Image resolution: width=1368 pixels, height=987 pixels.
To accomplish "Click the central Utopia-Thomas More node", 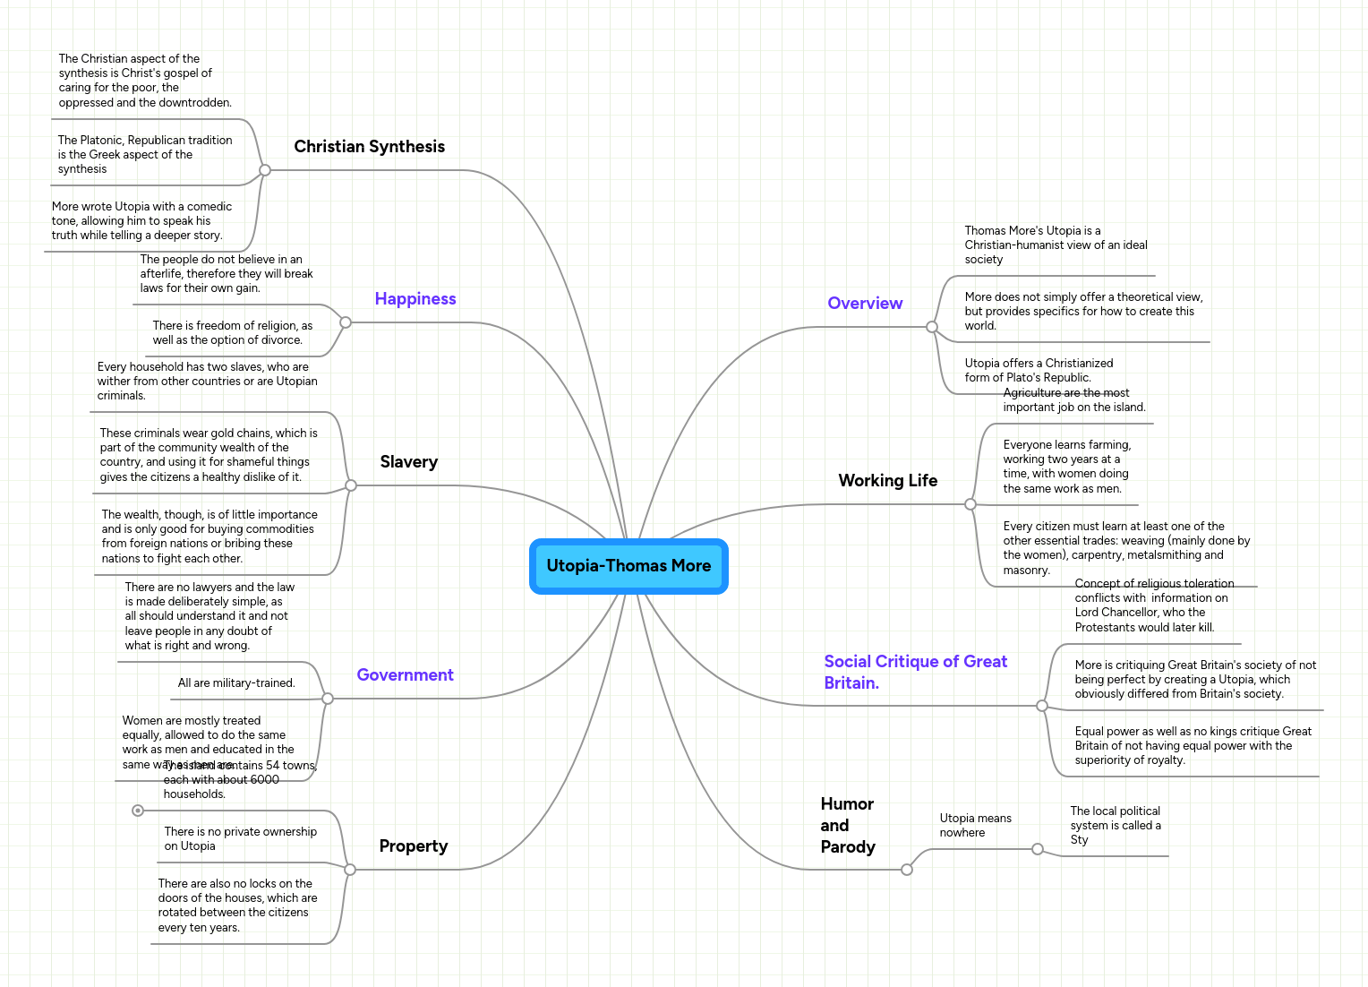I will click(628, 566).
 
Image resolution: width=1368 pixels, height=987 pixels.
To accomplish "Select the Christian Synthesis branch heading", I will click(369, 147).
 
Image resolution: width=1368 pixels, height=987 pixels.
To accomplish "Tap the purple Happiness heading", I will click(415, 299).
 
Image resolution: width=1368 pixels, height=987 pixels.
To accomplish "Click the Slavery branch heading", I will click(408, 462).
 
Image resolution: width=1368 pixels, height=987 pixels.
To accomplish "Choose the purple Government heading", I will click(405, 675).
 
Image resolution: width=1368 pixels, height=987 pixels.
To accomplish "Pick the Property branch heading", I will click(413, 846).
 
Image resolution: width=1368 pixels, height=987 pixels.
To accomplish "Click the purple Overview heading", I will click(865, 304).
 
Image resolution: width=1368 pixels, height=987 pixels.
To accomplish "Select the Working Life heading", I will click(887, 481).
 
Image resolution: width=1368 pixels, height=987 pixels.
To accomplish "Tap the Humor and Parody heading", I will click(847, 826).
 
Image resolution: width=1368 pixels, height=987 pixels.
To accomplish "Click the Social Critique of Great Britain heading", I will click(915, 672).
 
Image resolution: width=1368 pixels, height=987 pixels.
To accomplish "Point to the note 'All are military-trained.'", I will click(236, 683).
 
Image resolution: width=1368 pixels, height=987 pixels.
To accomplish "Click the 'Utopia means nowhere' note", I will click(975, 826).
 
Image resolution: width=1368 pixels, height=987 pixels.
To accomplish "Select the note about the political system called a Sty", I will click(1115, 826).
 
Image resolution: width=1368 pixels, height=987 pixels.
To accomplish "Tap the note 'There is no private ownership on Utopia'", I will click(240, 839).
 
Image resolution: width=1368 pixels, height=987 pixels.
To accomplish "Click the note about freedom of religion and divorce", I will click(232, 333).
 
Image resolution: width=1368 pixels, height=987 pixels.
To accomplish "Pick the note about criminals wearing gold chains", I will click(209, 455).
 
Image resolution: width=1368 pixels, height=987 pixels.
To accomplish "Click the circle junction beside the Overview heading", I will click(932, 327).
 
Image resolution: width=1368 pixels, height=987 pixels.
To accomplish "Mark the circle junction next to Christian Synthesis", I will click(265, 170).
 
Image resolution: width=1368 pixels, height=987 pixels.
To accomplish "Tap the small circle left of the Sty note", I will click(1038, 849).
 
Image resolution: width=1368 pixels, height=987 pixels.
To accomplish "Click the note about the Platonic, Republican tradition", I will click(145, 155).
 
